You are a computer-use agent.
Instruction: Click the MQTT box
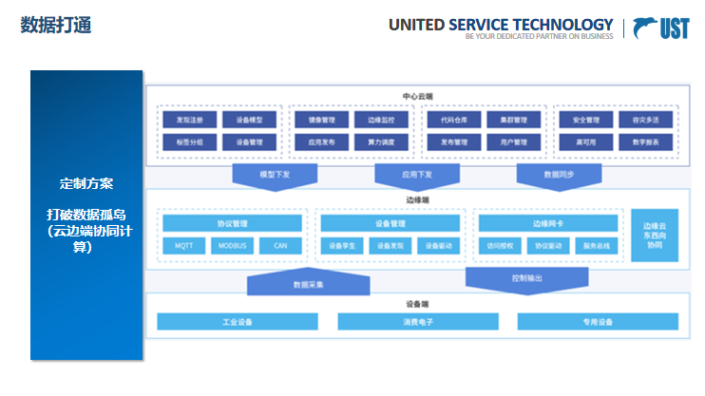click(183, 245)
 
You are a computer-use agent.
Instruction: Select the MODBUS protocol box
click(232, 245)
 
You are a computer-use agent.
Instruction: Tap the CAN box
click(280, 245)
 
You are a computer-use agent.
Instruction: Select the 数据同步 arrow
click(559, 176)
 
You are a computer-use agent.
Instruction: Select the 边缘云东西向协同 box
click(655, 236)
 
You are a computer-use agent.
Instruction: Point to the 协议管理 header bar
click(232, 224)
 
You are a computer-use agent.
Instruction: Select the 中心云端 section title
click(417, 96)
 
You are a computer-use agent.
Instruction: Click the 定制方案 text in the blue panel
click(86, 182)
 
